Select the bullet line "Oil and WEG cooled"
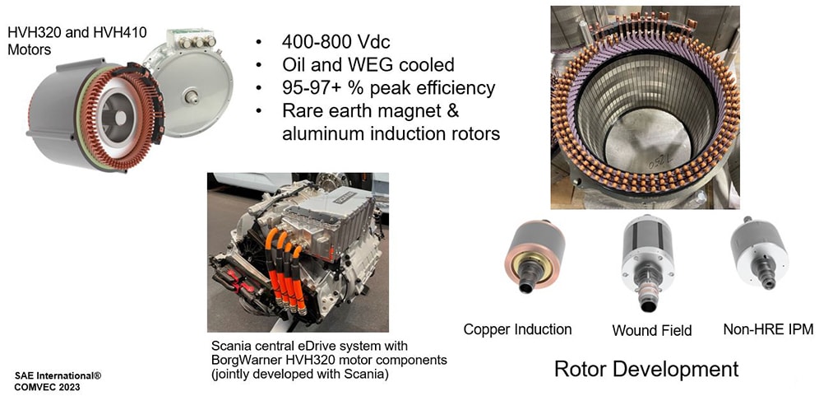[368, 65]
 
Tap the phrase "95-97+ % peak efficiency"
[388, 88]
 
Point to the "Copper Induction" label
[517, 329]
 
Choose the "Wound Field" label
[652, 331]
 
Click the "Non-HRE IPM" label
[768, 329]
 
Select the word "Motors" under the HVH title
[28, 52]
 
